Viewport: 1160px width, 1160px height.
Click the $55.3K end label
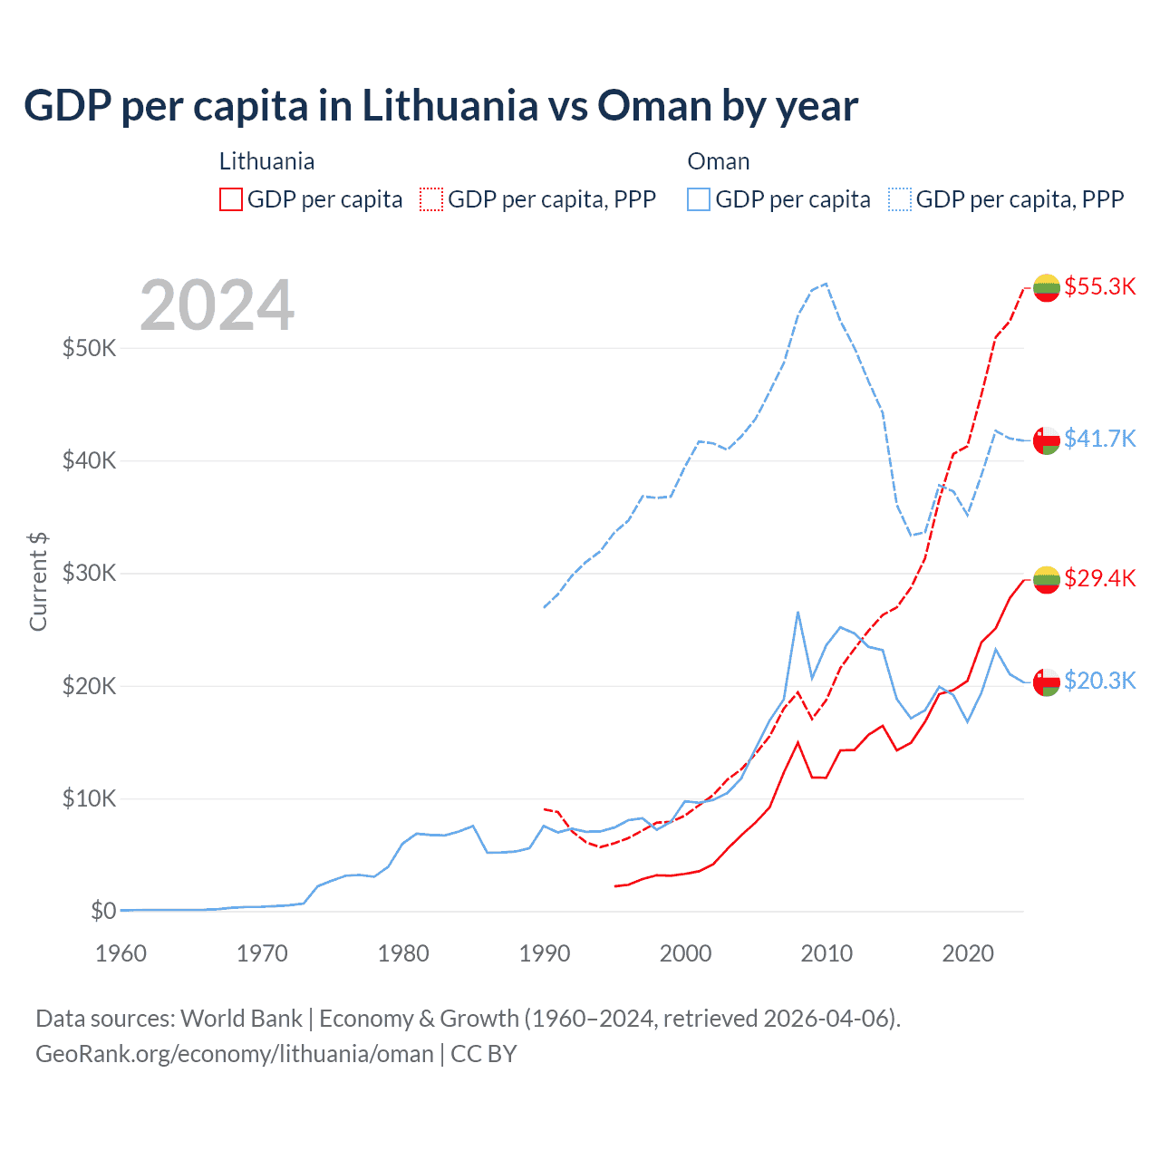pyautogui.click(x=1099, y=286)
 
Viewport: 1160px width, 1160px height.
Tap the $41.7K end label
pyautogui.click(x=1099, y=439)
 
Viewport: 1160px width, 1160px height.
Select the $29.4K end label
pyautogui.click(x=1099, y=578)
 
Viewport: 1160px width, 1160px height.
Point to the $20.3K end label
pyautogui.click(x=1099, y=681)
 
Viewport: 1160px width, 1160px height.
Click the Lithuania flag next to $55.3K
pyautogui.click(x=1047, y=287)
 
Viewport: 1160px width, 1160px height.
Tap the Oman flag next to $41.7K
pyautogui.click(x=1047, y=440)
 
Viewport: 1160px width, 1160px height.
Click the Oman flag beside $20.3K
pyautogui.click(x=1047, y=681)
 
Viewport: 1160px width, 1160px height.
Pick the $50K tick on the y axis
pyautogui.click(x=89, y=348)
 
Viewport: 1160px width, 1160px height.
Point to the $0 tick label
pyautogui.click(x=103, y=911)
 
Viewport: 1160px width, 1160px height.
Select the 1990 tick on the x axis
pyautogui.click(x=545, y=953)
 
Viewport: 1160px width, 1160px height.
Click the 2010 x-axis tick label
pyautogui.click(x=826, y=953)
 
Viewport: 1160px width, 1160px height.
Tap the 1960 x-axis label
pyautogui.click(x=121, y=953)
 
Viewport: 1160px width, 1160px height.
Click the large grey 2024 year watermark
pyautogui.click(x=217, y=305)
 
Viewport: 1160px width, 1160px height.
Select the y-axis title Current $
pyautogui.click(x=38, y=582)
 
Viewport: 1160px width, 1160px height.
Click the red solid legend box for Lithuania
pyautogui.click(x=231, y=199)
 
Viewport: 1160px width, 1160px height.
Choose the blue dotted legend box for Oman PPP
pyautogui.click(x=900, y=199)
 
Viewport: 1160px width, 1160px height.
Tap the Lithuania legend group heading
pyautogui.click(x=266, y=161)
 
